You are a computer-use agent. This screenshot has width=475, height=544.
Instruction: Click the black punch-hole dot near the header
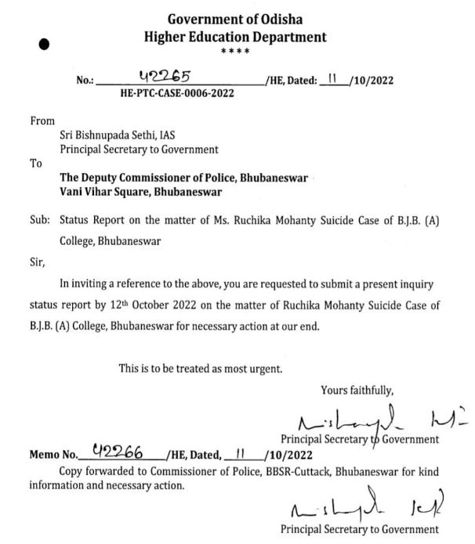[x=45, y=45]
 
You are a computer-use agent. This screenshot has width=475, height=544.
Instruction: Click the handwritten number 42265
[x=165, y=75]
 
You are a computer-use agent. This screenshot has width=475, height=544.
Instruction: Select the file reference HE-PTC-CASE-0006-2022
[x=177, y=92]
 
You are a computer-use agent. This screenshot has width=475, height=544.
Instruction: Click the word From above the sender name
[x=42, y=121]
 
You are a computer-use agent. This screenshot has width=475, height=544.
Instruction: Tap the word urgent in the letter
[x=265, y=367]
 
